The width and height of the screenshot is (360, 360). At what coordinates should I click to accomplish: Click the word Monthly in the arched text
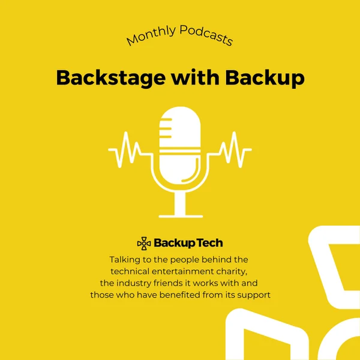click(152, 35)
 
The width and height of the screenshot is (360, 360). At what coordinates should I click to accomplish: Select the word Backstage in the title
click(111, 78)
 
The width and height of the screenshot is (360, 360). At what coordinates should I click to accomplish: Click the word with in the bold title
click(195, 77)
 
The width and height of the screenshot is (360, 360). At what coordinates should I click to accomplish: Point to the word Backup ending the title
click(265, 78)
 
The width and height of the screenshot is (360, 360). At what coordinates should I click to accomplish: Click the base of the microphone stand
click(181, 216)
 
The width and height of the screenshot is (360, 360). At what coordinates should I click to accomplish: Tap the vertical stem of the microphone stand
click(180, 203)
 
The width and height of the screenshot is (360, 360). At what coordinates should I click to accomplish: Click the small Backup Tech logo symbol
click(144, 243)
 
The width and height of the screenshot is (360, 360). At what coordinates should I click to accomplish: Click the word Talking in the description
click(122, 260)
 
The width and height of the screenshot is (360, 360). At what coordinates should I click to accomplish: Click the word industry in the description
click(134, 284)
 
